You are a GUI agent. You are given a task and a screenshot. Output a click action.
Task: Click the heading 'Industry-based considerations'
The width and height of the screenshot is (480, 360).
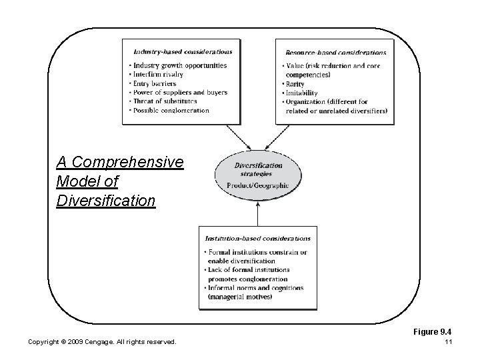click(183, 51)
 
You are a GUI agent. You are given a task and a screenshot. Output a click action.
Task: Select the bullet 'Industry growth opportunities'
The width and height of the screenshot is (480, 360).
click(179, 65)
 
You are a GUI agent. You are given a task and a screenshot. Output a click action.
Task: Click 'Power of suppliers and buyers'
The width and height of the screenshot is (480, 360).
click(180, 92)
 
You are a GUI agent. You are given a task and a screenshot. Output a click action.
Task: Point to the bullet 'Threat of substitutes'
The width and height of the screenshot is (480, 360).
click(165, 101)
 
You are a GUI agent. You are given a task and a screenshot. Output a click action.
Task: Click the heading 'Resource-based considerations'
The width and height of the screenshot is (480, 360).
click(335, 52)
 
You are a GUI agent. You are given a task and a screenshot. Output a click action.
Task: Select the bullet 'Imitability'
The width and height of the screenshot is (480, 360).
click(301, 93)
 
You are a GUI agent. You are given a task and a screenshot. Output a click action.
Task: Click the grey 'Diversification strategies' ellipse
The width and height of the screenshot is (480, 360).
click(258, 175)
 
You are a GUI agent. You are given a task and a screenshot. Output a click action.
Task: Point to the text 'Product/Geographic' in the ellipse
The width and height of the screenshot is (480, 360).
click(258, 184)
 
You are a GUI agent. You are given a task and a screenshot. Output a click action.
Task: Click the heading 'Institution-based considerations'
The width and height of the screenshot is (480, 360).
click(257, 238)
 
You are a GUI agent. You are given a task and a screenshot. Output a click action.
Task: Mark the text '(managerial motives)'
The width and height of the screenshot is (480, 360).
click(240, 297)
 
